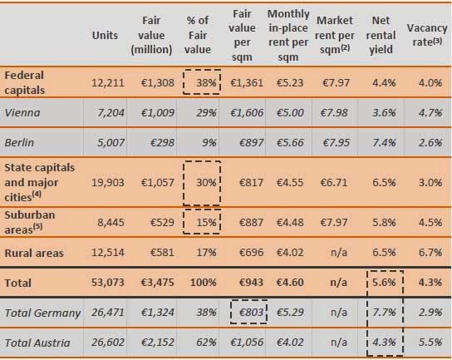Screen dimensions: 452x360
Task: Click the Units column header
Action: click(x=105, y=35)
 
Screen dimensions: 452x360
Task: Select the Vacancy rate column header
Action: click(x=427, y=35)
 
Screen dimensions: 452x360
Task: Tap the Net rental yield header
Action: click(x=381, y=35)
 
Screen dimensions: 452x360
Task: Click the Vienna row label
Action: click(x=22, y=112)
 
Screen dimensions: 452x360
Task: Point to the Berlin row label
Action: click(x=19, y=142)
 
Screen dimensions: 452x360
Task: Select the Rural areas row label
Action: click(x=34, y=253)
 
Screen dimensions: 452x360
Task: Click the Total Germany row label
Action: click(x=42, y=313)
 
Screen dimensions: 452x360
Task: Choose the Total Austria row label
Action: click(x=37, y=343)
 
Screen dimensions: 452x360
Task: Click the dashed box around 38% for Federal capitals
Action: click(x=184, y=82)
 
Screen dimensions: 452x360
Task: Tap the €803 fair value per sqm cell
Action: click(x=251, y=312)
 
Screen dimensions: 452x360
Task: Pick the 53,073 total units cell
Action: click(x=108, y=283)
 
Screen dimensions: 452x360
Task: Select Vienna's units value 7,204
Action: click(x=111, y=112)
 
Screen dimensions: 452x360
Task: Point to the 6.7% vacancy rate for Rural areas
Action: click(x=430, y=253)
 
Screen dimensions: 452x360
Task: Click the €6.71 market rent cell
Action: click(x=334, y=183)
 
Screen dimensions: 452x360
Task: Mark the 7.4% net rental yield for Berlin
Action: click(x=384, y=142)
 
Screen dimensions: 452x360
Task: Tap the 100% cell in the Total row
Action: click(x=204, y=283)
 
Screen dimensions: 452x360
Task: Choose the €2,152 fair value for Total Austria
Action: click(x=157, y=343)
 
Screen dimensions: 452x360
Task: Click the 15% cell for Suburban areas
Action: click(x=206, y=223)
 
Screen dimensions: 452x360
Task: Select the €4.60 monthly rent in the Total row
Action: click(x=290, y=283)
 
